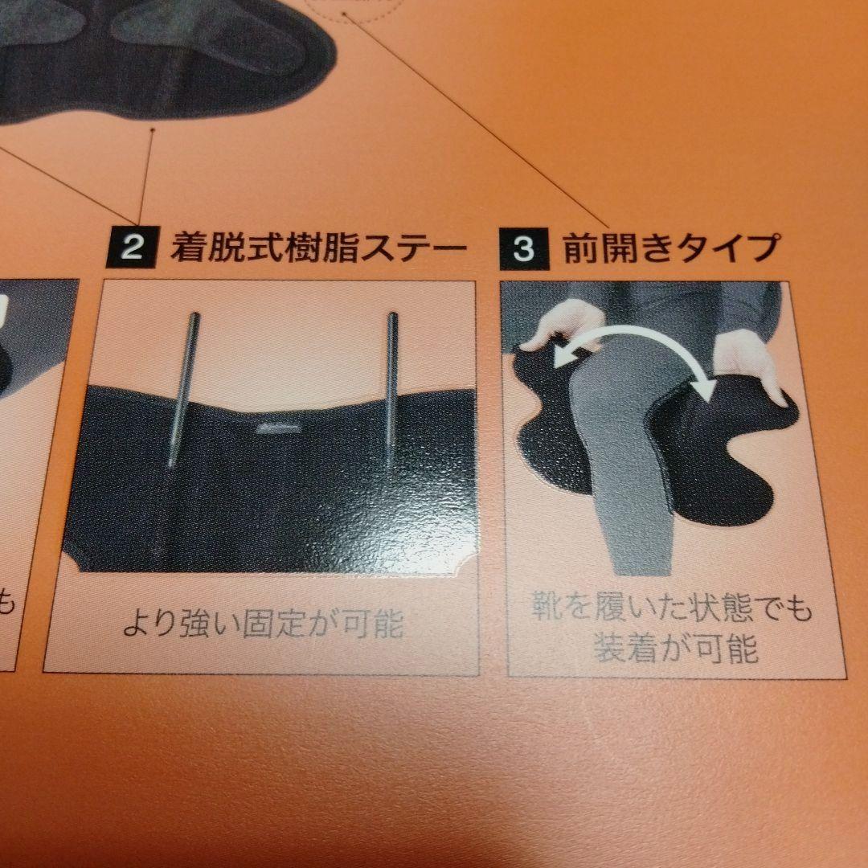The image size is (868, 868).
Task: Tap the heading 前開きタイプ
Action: [670, 248]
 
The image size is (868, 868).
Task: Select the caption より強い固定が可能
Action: [263, 624]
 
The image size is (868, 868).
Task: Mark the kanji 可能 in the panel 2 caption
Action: [378, 624]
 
